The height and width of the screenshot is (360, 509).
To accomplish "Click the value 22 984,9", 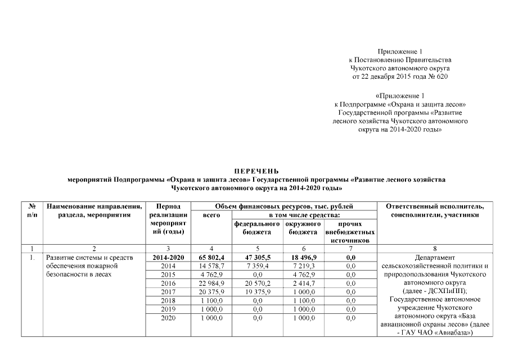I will (x=211, y=283).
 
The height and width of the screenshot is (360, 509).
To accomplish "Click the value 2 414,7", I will (x=304, y=283).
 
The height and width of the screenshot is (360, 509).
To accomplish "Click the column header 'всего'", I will (x=211, y=215).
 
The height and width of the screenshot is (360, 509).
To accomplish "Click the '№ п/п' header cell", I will (x=32, y=211).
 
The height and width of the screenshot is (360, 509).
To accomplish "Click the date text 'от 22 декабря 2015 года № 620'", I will (x=400, y=76).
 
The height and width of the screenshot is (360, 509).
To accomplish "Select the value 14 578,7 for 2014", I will (x=211, y=265).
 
